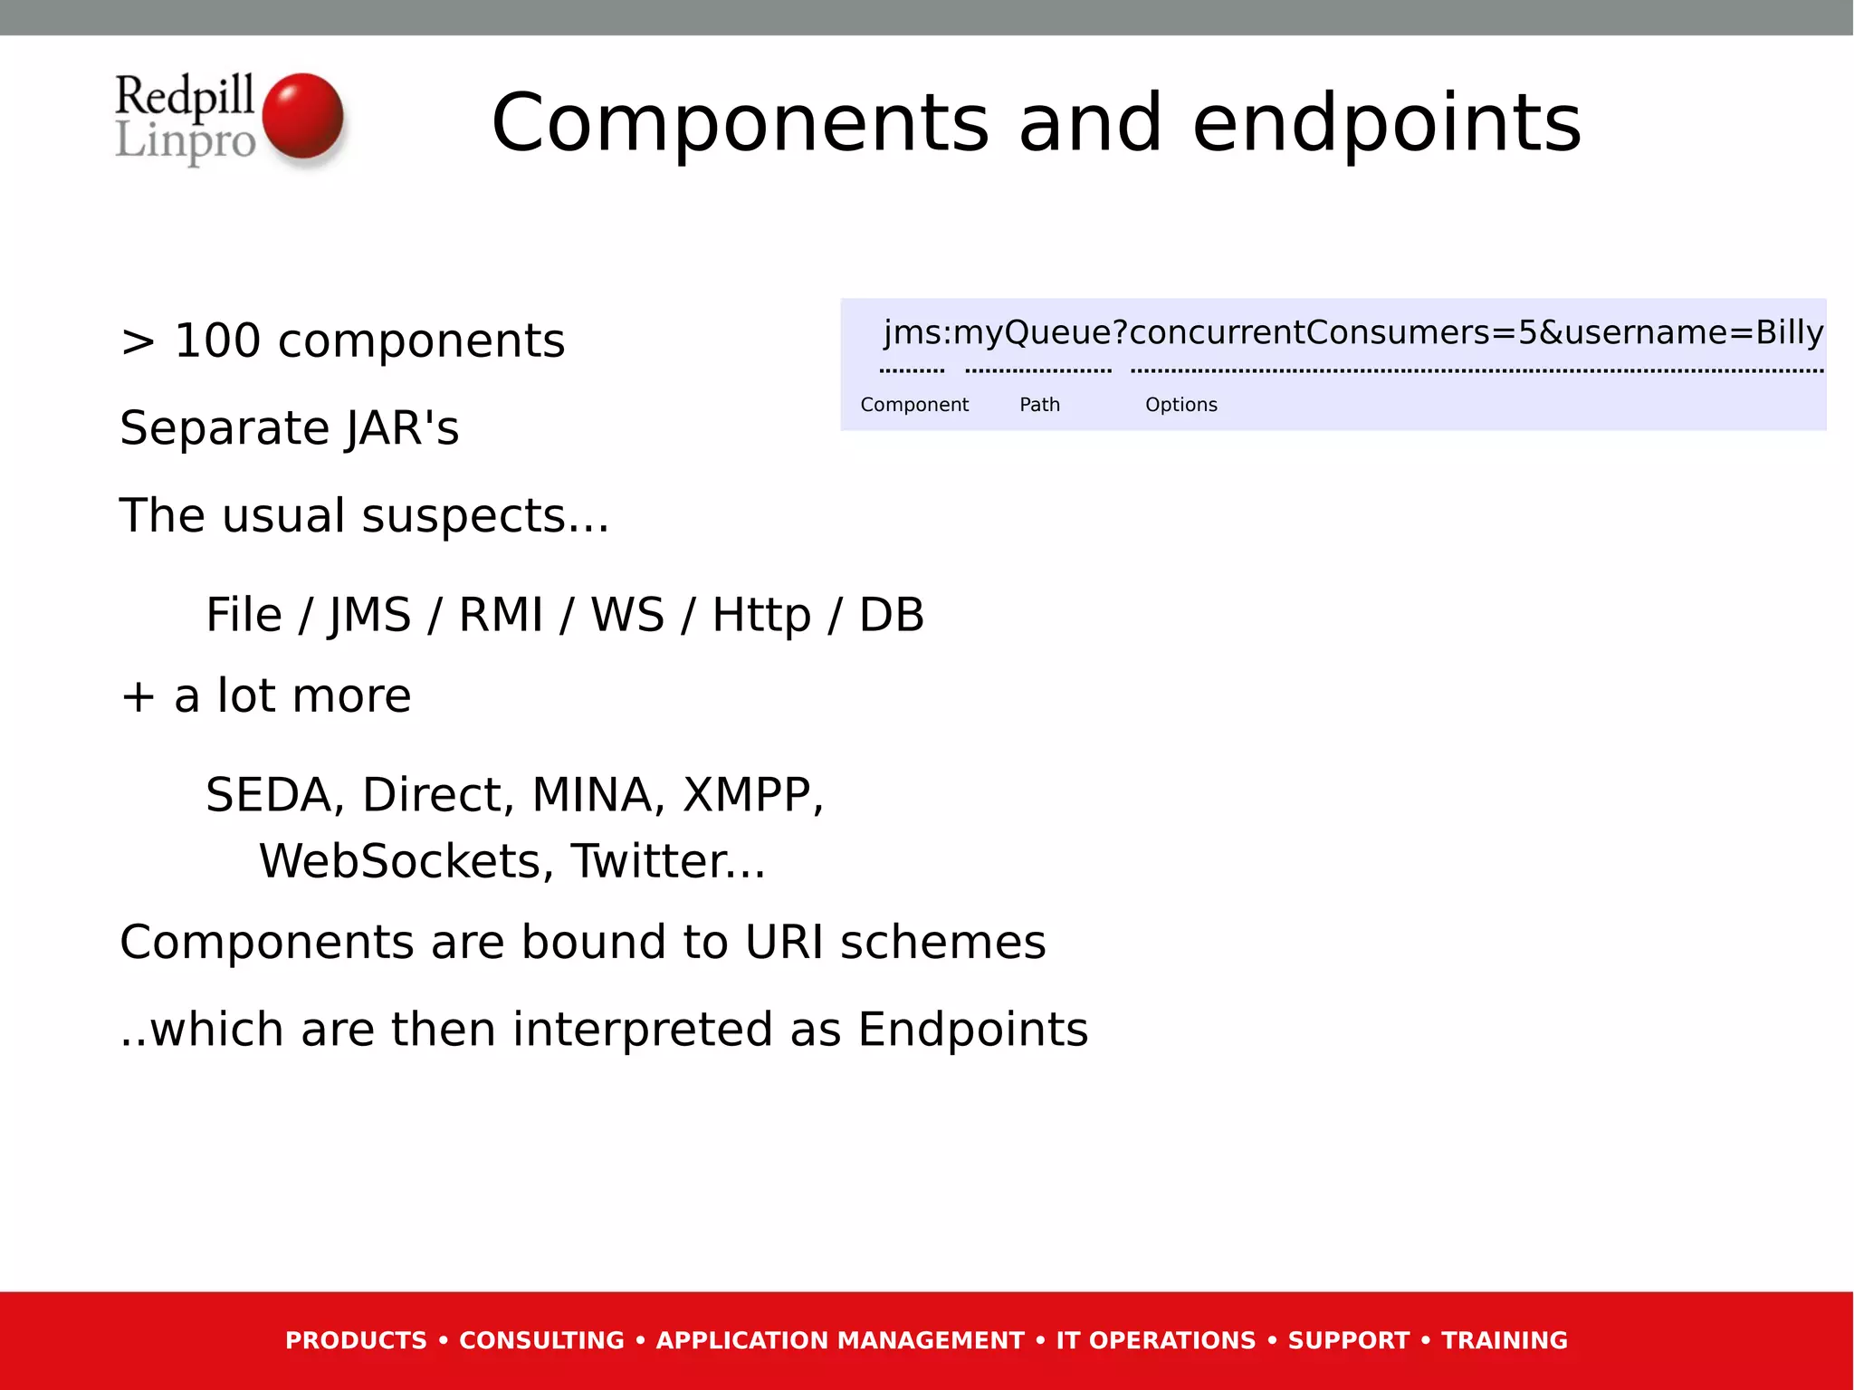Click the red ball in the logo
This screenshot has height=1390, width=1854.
point(302,116)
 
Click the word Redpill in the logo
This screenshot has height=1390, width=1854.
point(184,96)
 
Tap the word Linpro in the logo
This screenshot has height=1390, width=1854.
point(186,141)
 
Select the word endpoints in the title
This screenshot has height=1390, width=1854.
point(1386,123)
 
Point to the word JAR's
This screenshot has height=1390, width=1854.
point(402,428)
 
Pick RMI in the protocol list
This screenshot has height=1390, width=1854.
point(501,615)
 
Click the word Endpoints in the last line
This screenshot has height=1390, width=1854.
point(972,1031)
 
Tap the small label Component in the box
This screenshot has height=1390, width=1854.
point(914,405)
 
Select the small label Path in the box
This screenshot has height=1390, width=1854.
point(1039,405)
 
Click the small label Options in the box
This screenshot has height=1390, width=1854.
point(1180,405)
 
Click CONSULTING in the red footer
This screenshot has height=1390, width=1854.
point(541,1340)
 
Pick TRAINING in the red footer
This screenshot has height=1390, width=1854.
point(1504,1340)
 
